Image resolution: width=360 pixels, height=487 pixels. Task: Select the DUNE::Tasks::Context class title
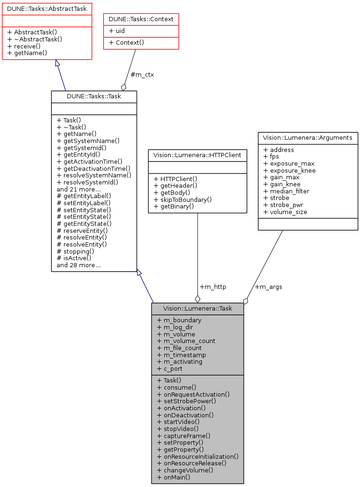(x=141, y=19)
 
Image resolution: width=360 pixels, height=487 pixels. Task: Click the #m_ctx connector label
(x=142, y=74)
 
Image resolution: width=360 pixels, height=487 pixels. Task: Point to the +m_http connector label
(x=213, y=287)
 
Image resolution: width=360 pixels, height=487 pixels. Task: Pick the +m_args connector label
(x=268, y=287)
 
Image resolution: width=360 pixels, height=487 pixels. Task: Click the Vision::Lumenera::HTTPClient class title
(x=198, y=155)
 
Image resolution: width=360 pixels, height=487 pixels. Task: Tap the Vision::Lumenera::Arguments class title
(x=308, y=138)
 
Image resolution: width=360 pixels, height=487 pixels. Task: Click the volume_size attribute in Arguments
(x=285, y=212)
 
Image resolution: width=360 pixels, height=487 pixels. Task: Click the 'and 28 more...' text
(x=78, y=265)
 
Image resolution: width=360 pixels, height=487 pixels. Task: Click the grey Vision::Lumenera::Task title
(x=197, y=309)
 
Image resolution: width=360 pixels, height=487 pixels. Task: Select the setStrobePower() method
(x=186, y=401)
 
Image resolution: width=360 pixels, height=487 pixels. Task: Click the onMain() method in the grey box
(x=174, y=477)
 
